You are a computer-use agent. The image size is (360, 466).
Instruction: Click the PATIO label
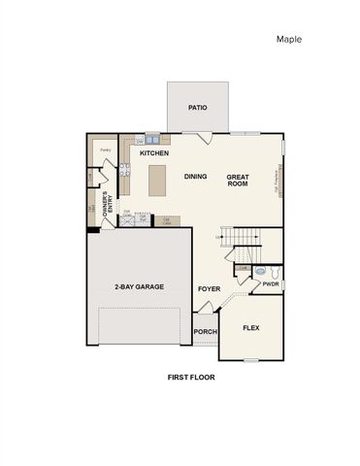198,109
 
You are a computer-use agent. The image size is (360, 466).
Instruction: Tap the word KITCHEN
155,153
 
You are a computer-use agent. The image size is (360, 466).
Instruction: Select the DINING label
196,177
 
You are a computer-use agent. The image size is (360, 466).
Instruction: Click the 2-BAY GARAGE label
139,286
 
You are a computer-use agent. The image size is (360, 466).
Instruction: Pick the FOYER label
210,288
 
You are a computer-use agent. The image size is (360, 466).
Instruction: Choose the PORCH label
205,331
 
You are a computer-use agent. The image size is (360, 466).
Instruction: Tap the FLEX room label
251,328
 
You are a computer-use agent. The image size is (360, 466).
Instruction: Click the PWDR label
271,283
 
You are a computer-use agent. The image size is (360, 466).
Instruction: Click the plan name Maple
289,40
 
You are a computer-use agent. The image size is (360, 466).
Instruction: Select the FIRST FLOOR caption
190,376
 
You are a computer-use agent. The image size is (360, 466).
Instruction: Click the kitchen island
157,181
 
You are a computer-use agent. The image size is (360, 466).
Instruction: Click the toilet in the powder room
277,272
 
